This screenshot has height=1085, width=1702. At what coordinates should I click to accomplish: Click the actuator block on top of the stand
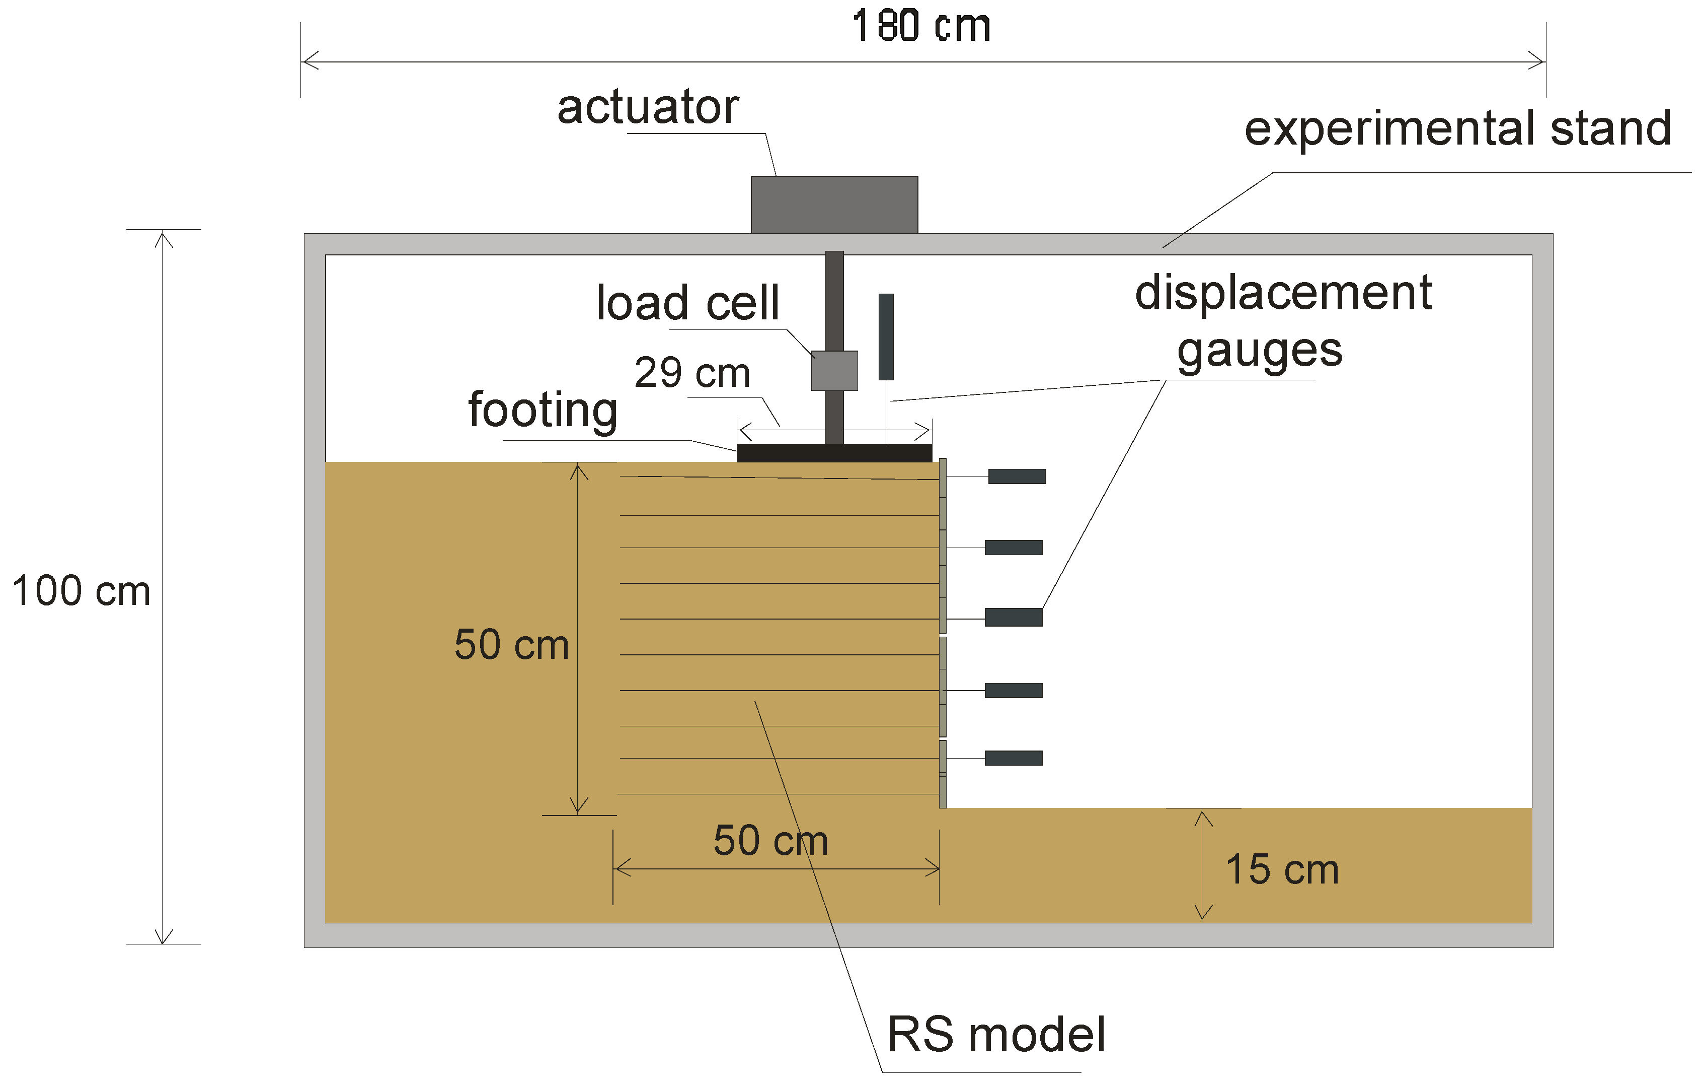(x=834, y=205)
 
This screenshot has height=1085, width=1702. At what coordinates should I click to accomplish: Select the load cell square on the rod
(x=834, y=371)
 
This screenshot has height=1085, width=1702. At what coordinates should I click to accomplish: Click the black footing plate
(x=834, y=453)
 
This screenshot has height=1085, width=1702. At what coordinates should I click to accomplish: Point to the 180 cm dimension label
(x=921, y=27)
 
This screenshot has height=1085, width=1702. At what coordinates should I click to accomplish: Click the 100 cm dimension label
(x=82, y=591)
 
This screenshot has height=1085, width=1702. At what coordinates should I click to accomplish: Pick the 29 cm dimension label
(x=692, y=373)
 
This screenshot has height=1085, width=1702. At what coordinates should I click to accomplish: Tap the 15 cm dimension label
(x=1281, y=869)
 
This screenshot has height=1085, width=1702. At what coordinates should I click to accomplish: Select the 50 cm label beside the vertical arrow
(x=511, y=645)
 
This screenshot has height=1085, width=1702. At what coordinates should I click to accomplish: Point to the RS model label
(x=996, y=1035)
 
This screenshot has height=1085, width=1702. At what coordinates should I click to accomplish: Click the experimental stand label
(x=1457, y=129)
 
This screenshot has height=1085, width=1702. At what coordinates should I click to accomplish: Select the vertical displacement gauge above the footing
(x=886, y=336)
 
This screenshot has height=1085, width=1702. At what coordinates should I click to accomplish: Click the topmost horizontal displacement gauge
(x=1017, y=477)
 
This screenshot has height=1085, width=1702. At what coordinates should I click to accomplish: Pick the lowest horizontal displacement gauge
(x=1013, y=758)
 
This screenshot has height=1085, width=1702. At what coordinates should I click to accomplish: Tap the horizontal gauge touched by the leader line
(x=1013, y=618)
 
